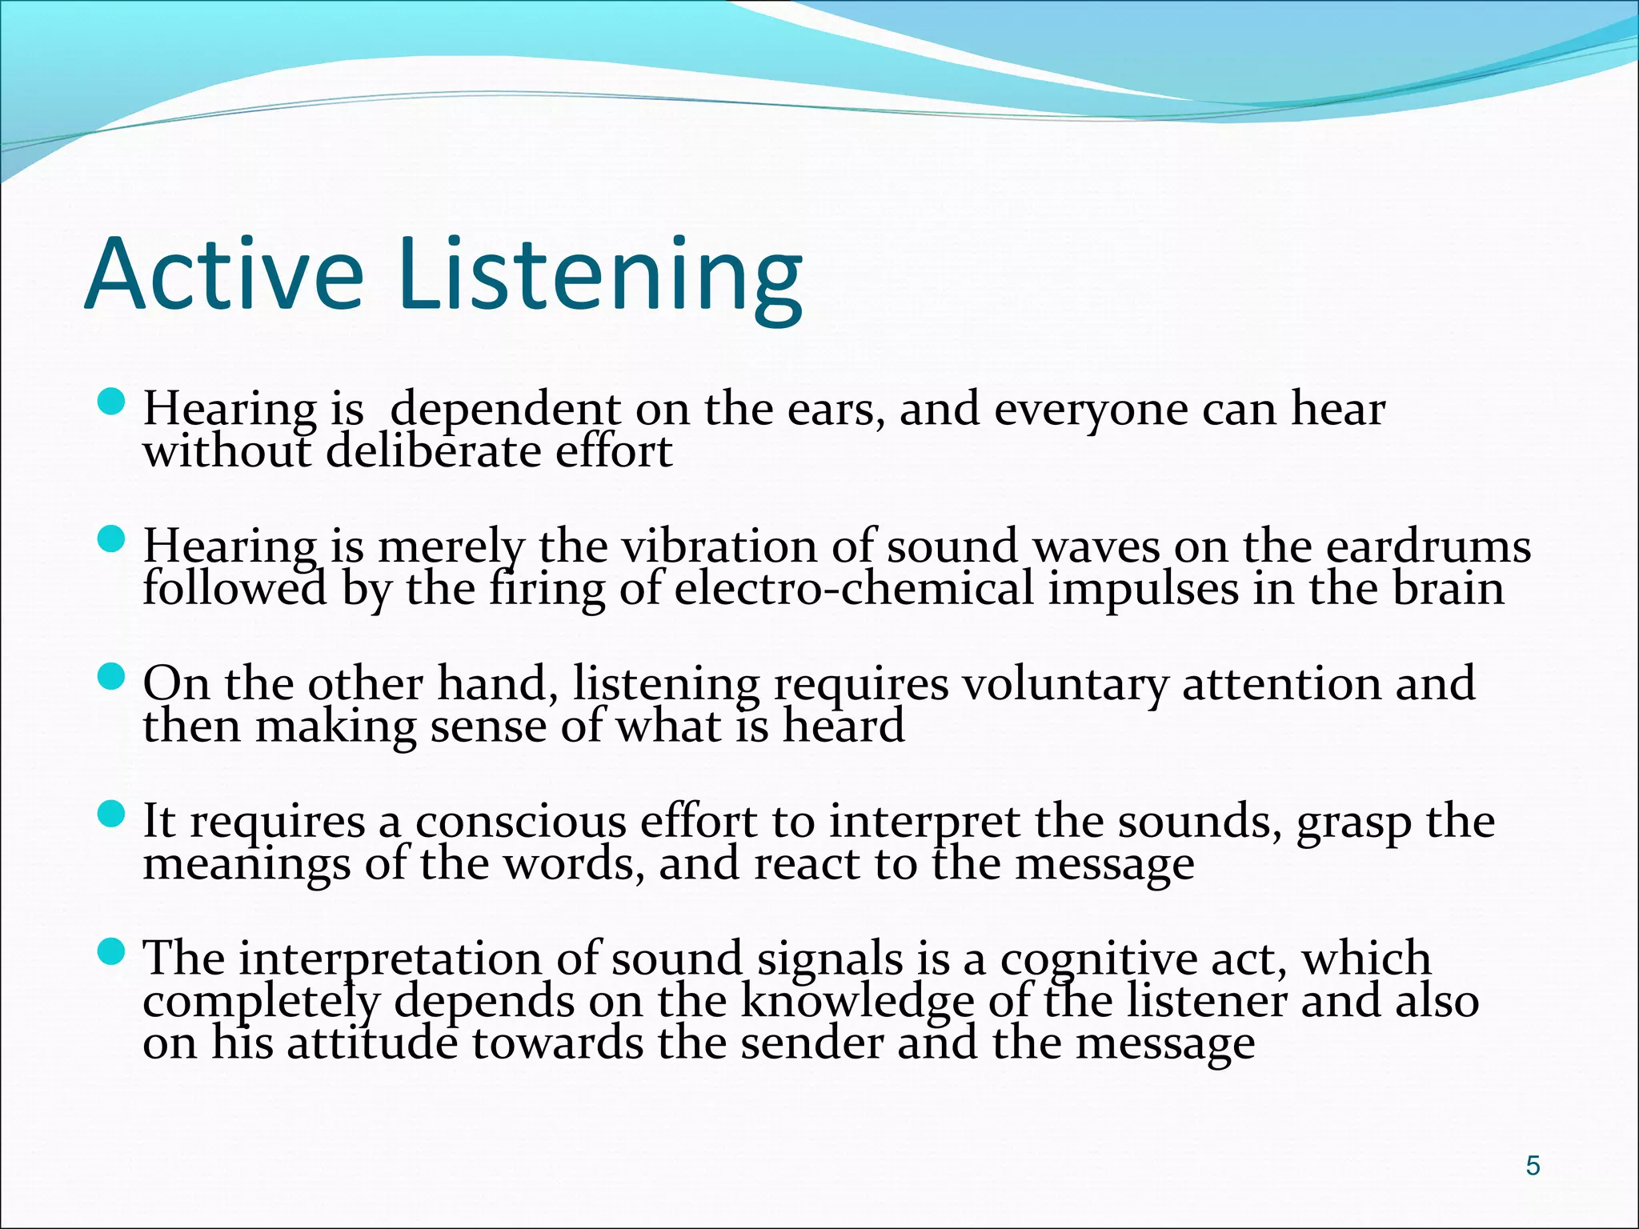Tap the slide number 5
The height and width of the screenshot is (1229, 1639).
coord(1533,1166)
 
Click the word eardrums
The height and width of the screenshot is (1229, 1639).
coord(1429,547)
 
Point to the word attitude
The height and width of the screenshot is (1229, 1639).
coord(373,1044)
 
